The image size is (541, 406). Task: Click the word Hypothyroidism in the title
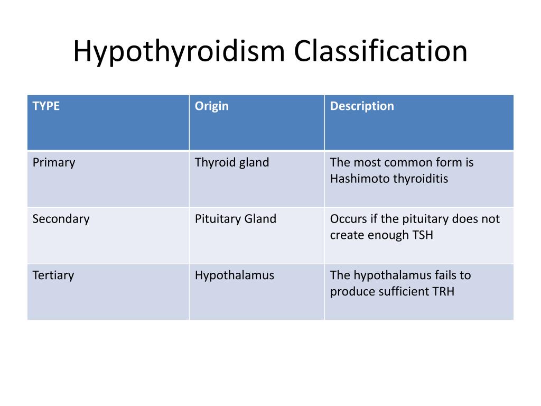click(x=179, y=52)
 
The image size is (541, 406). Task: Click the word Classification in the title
click(x=380, y=50)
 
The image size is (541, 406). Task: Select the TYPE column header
click(x=46, y=106)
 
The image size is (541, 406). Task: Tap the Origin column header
click(x=211, y=106)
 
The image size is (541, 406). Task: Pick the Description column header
click(x=362, y=106)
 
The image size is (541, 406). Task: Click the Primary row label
click(x=54, y=163)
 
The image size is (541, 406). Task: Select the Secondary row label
click(x=61, y=219)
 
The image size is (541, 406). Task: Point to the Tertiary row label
click(x=53, y=275)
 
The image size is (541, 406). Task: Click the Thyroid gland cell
click(x=232, y=163)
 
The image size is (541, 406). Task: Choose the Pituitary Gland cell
click(x=236, y=219)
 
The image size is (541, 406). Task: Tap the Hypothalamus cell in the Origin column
click(x=235, y=275)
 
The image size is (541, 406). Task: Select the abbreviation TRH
click(x=443, y=291)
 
